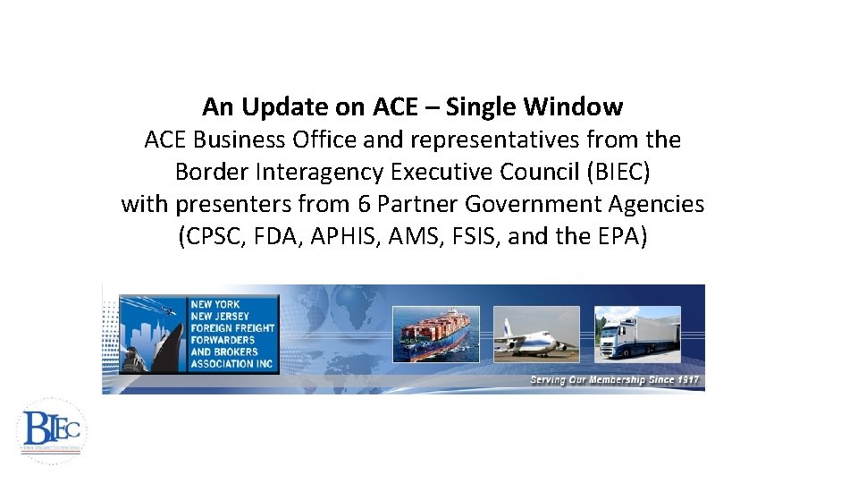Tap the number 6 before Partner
tap(364, 204)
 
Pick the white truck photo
tap(638, 334)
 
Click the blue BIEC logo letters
tap(50, 428)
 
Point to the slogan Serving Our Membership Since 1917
tap(614, 381)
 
